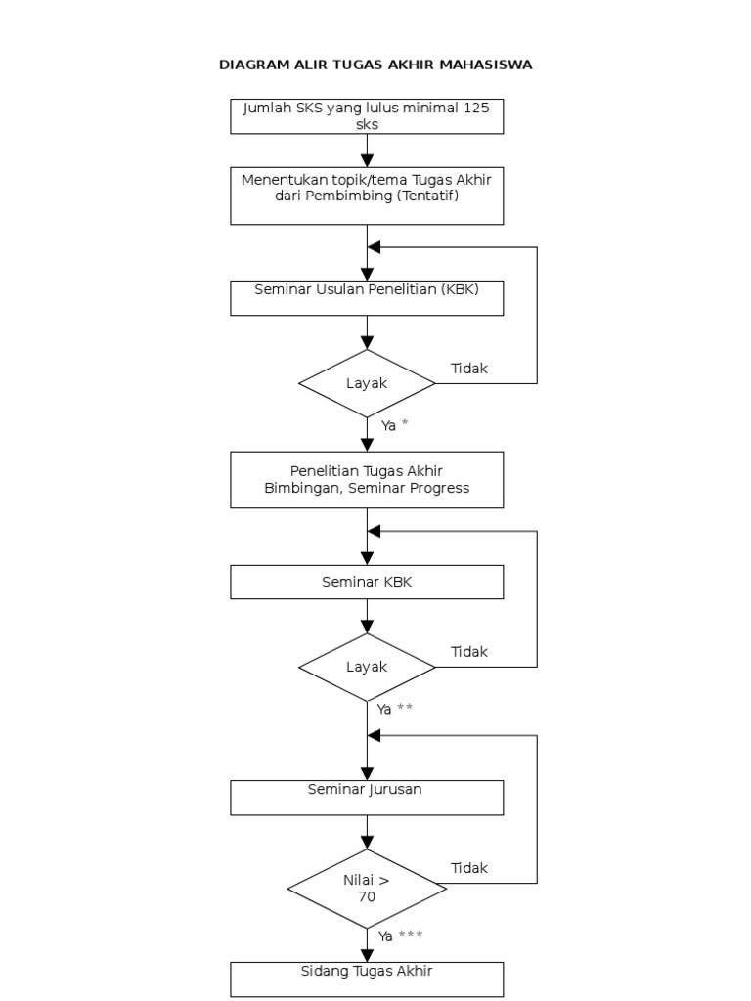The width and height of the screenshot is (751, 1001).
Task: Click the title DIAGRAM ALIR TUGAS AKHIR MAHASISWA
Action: click(375, 65)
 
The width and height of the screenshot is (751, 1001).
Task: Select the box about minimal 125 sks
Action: click(367, 116)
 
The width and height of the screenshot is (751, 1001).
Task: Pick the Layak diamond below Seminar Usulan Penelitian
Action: click(367, 383)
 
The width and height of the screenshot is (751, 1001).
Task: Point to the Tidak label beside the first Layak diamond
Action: click(469, 369)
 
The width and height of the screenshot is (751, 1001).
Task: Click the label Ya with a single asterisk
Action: click(394, 425)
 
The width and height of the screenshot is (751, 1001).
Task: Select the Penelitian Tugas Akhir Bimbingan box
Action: click(367, 479)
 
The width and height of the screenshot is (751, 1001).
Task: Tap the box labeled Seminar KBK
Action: click(367, 583)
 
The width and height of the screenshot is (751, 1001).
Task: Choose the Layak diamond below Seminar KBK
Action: click(367, 667)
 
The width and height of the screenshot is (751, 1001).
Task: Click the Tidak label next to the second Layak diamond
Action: click(469, 652)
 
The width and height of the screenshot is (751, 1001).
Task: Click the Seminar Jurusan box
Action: click(367, 797)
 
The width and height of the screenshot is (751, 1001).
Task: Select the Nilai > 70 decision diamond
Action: click(367, 888)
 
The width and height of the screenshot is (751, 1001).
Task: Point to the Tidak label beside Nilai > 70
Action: click(469, 868)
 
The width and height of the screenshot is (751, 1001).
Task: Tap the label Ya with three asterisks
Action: click(400, 936)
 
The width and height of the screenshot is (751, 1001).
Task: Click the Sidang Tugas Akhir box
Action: click(367, 979)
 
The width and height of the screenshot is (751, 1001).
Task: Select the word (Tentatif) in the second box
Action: click(427, 196)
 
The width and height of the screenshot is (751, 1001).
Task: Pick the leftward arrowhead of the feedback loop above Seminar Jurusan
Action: click(375, 735)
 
